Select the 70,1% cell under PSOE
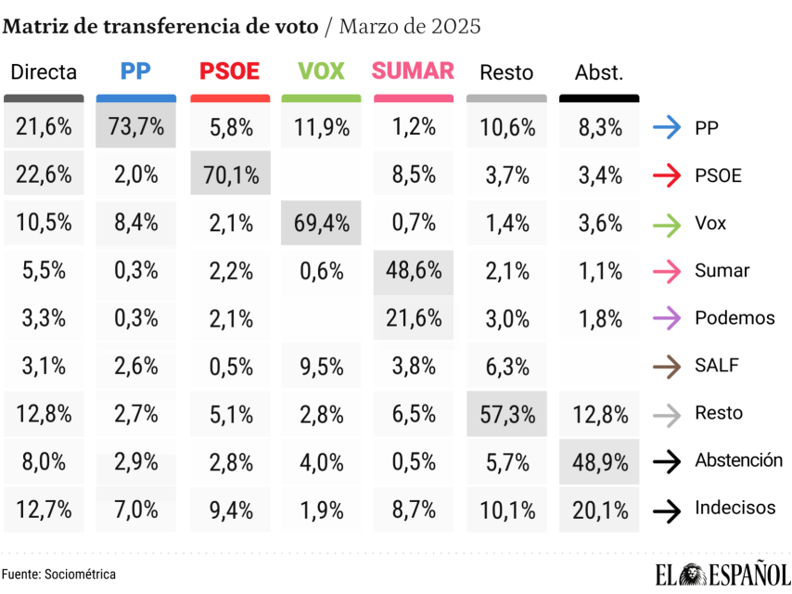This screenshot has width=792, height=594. pyautogui.click(x=230, y=175)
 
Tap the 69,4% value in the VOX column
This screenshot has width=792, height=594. pyautogui.click(x=321, y=223)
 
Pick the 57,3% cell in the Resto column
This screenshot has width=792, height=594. pyautogui.click(x=506, y=413)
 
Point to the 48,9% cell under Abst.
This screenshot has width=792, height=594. pyautogui.click(x=599, y=461)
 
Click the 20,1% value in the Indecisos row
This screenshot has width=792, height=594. pyautogui.click(x=599, y=509)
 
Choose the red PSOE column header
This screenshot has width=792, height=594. pyautogui.click(x=230, y=71)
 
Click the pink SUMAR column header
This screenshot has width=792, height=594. pyautogui.click(x=413, y=71)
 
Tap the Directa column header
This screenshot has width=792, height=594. pyautogui.click(x=44, y=72)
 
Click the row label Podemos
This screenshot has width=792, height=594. pyautogui.click(x=735, y=318)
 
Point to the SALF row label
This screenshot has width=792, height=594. pyautogui.click(x=717, y=366)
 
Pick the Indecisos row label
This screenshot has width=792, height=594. pyautogui.click(x=735, y=509)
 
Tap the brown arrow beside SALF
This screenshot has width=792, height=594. pyautogui.click(x=668, y=366)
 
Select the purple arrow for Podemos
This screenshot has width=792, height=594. pyautogui.click(x=668, y=318)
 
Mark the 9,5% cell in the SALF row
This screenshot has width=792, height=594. pyautogui.click(x=321, y=366)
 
